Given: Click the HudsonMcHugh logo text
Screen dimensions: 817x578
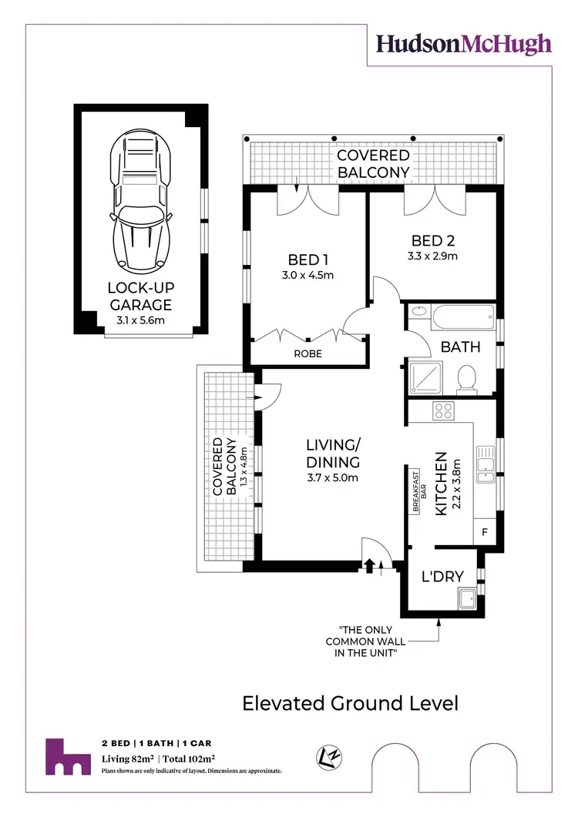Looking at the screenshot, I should point(464,44).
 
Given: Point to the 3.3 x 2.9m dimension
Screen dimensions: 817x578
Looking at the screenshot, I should point(432,256).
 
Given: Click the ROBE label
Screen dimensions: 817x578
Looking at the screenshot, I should point(307,354).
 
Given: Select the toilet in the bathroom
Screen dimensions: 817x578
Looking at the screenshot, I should point(465,380).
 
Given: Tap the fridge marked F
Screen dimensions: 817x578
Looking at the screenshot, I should point(484,532).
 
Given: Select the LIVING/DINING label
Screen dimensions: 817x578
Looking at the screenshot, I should point(333,454).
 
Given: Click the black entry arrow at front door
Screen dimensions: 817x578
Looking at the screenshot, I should point(369,565).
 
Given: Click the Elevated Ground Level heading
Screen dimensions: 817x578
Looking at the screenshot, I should point(351,703).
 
